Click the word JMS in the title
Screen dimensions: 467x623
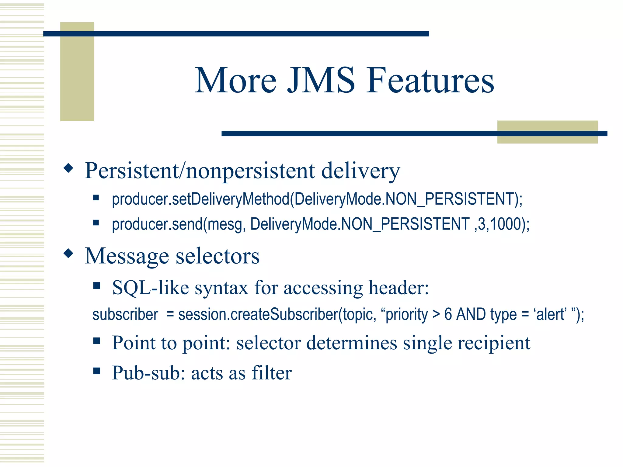321,81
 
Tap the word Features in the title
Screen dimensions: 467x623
430,81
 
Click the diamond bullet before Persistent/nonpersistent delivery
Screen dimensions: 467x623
69,168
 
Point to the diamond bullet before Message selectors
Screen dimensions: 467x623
69,253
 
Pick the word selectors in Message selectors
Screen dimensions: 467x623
218,256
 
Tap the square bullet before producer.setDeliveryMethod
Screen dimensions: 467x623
96,198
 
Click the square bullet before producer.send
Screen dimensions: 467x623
96,223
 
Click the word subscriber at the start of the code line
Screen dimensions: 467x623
125,314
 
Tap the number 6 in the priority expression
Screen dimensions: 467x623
448,314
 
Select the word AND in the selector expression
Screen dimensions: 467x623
471,314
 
